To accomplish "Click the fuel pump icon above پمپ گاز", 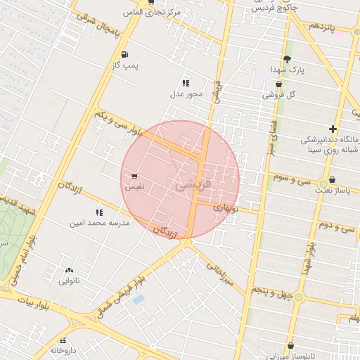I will click(x=124, y=54).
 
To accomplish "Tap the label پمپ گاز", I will click(x=124, y=65).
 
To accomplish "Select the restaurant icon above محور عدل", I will click(x=186, y=83).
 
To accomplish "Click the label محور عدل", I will click(x=186, y=94).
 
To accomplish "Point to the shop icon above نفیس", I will click(x=134, y=176).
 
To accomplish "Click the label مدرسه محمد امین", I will click(x=99, y=223).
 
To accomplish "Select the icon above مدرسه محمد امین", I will click(x=99, y=212).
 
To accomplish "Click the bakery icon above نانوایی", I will click(x=69, y=270).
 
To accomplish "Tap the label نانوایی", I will click(x=69, y=281).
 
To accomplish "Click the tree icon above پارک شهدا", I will click(x=287, y=59).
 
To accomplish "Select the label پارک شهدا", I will click(x=287, y=70).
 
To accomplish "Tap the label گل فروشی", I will click(x=278, y=94).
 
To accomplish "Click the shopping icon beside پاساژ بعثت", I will click(x=332, y=179).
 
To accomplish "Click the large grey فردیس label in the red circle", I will click(x=191, y=185).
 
